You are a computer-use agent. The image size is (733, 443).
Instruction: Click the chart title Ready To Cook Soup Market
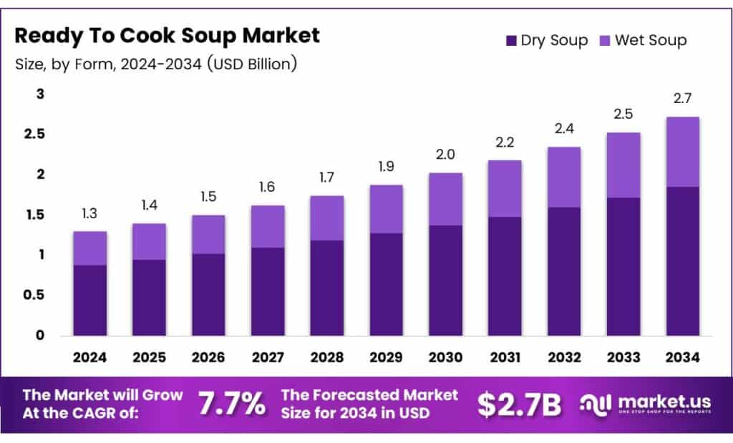point(168,36)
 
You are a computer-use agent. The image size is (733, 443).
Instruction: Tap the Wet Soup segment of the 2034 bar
point(682,152)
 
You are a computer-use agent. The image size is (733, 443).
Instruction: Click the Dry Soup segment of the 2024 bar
point(89,300)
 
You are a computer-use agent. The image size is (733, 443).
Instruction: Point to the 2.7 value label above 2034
point(682,98)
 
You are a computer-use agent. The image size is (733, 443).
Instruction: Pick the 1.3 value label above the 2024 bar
point(89,213)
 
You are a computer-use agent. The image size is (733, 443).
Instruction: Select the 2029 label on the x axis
point(386,356)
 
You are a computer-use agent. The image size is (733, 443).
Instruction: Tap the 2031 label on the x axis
point(504,356)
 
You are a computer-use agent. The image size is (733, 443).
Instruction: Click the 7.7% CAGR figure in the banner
point(231,404)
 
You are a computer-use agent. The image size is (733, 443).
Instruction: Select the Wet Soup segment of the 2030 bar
point(445,199)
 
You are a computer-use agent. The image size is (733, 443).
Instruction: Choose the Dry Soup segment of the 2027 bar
point(267,291)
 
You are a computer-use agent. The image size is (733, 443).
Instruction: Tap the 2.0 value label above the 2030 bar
point(445,155)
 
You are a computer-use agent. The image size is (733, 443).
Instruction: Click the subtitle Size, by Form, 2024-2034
point(155,64)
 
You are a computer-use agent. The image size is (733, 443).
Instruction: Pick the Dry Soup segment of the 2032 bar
point(563,271)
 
